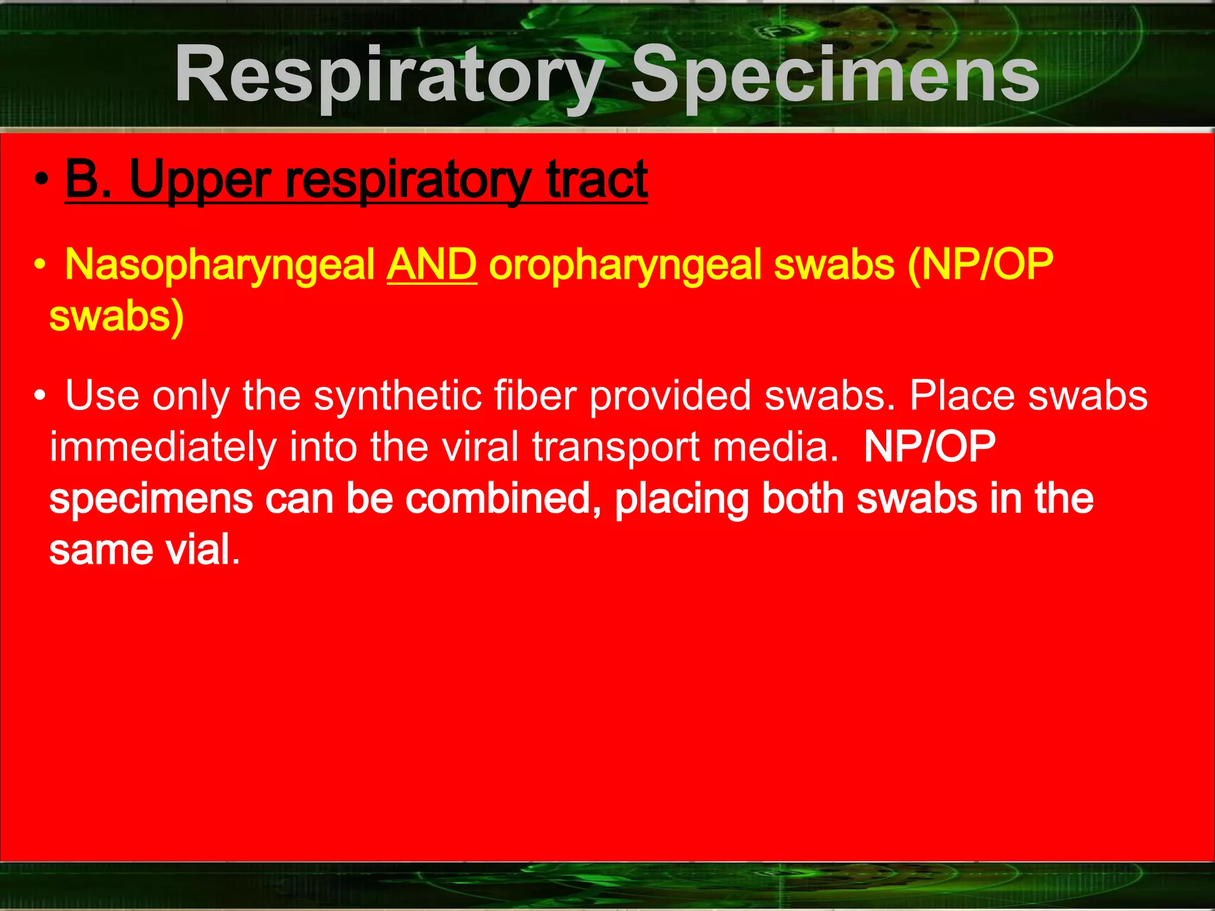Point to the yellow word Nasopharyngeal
tap(220, 265)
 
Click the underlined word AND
tap(431, 265)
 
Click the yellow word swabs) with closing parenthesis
tap(116, 316)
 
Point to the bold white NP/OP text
tap(929, 446)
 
